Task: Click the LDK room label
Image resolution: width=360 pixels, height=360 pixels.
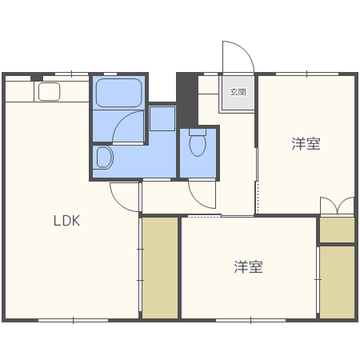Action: [x=67, y=222]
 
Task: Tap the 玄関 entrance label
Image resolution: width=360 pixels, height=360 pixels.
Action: [x=238, y=92]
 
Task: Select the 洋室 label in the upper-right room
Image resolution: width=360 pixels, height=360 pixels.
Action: [x=306, y=144]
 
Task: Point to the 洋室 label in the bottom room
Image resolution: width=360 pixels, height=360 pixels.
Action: [x=249, y=266]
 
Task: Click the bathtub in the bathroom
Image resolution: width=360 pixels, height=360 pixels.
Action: [x=119, y=93]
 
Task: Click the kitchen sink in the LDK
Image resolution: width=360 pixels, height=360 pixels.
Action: [x=49, y=92]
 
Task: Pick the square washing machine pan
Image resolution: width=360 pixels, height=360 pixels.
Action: [x=162, y=119]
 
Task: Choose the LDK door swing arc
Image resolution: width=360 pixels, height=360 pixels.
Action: [x=125, y=196]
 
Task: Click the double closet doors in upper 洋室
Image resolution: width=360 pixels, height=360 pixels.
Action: [x=337, y=206]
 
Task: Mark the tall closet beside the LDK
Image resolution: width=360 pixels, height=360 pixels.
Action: [x=160, y=267]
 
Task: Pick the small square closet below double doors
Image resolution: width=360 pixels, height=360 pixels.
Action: [x=337, y=230]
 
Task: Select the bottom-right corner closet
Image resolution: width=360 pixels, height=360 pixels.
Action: [x=337, y=282]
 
